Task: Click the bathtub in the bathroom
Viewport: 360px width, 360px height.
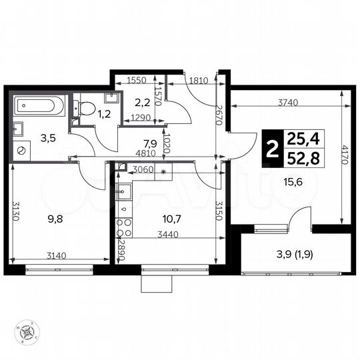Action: point(38,105)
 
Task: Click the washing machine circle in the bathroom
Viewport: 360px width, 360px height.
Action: point(23,150)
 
